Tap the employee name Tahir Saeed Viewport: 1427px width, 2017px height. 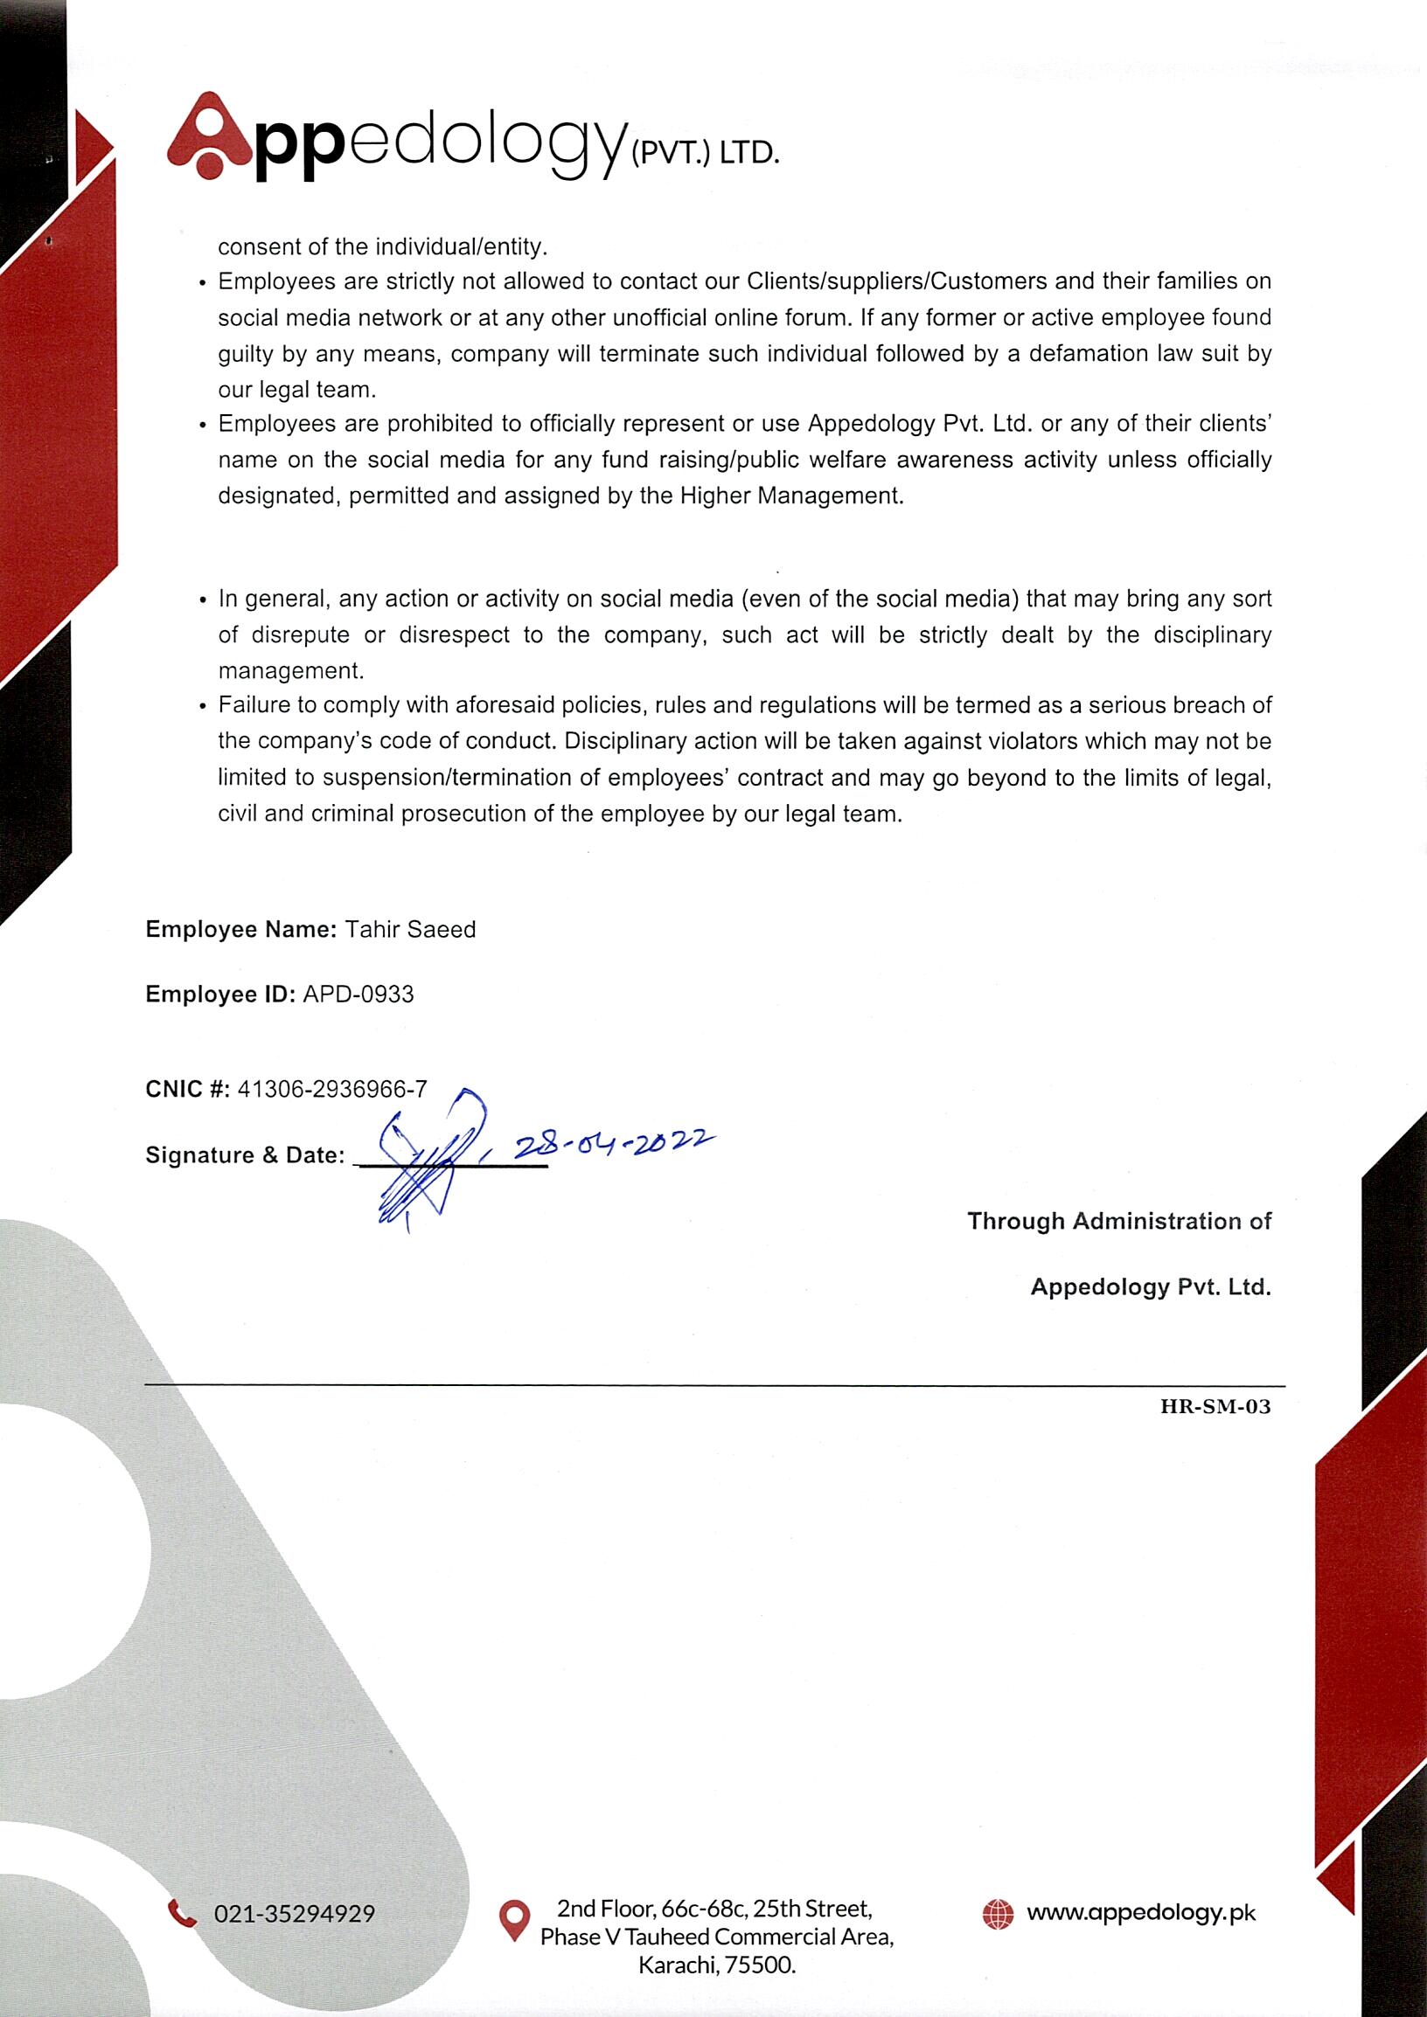tap(409, 930)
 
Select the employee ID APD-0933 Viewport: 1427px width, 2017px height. tap(358, 995)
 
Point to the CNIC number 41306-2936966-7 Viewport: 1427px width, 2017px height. tap(332, 1089)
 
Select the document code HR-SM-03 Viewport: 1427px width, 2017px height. tap(1215, 1406)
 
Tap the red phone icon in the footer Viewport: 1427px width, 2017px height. tap(182, 1912)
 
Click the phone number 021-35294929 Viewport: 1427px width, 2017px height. tap(295, 1913)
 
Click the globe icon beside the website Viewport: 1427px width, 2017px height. tap(998, 1913)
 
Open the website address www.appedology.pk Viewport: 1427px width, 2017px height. tap(1140, 1912)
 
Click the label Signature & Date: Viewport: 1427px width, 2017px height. tap(245, 1155)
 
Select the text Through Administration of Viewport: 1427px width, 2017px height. tap(1118, 1221)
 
